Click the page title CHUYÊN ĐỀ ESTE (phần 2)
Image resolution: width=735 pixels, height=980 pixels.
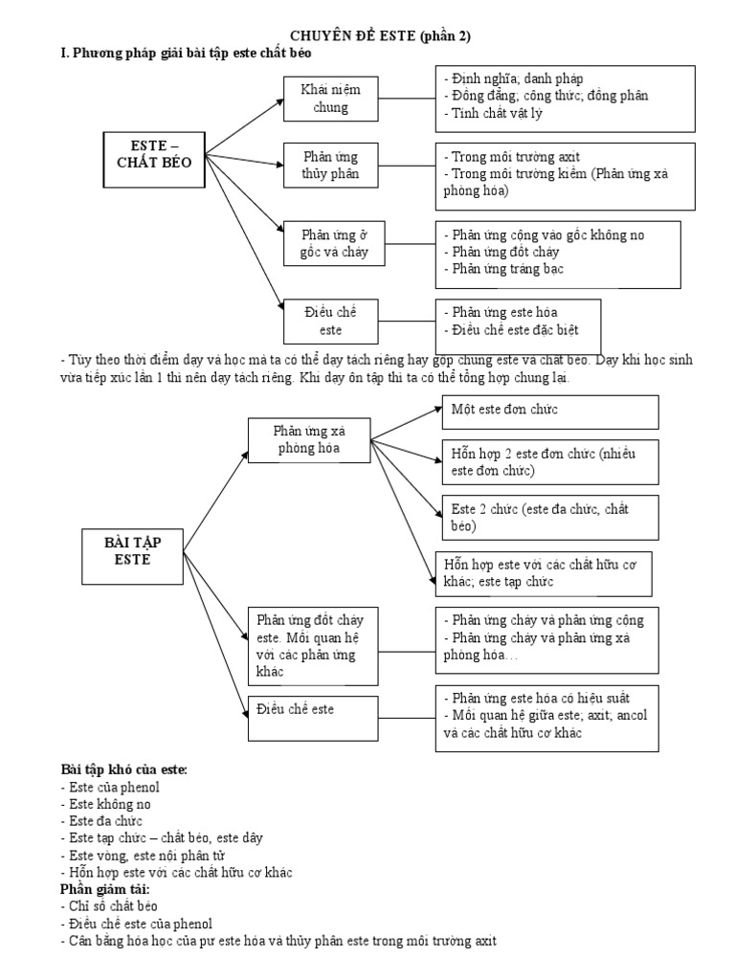click(367, 36)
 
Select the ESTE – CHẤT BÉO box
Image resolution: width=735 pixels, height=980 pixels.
click(154, 154)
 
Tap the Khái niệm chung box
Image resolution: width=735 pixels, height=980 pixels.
click(324, 98)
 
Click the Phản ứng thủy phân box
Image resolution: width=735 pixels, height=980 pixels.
click(323, 165)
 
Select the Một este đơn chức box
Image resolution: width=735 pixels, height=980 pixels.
click(549, 412)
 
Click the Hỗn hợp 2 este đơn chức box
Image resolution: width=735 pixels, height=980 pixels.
click(550, 463)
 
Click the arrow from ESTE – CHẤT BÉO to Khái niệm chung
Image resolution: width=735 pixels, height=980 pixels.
click(245, 123)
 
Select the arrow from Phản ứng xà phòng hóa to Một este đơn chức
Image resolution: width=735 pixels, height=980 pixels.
click(402, 424)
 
